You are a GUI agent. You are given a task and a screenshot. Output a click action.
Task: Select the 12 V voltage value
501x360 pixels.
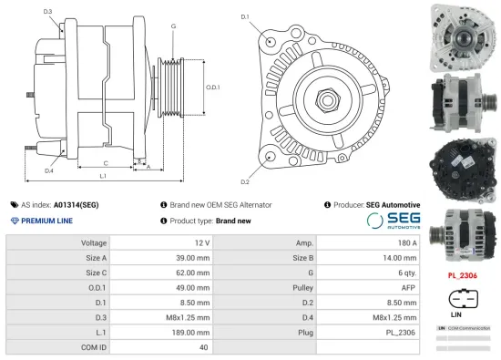click(x=201, y=242)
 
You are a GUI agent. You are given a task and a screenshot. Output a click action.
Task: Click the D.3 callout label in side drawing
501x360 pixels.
click(x=47, y=11)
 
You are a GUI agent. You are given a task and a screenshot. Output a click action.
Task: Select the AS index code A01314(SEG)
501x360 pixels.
click(x=76, y=205)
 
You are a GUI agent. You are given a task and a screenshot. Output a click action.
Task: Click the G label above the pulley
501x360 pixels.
click(x=173, y=26)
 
